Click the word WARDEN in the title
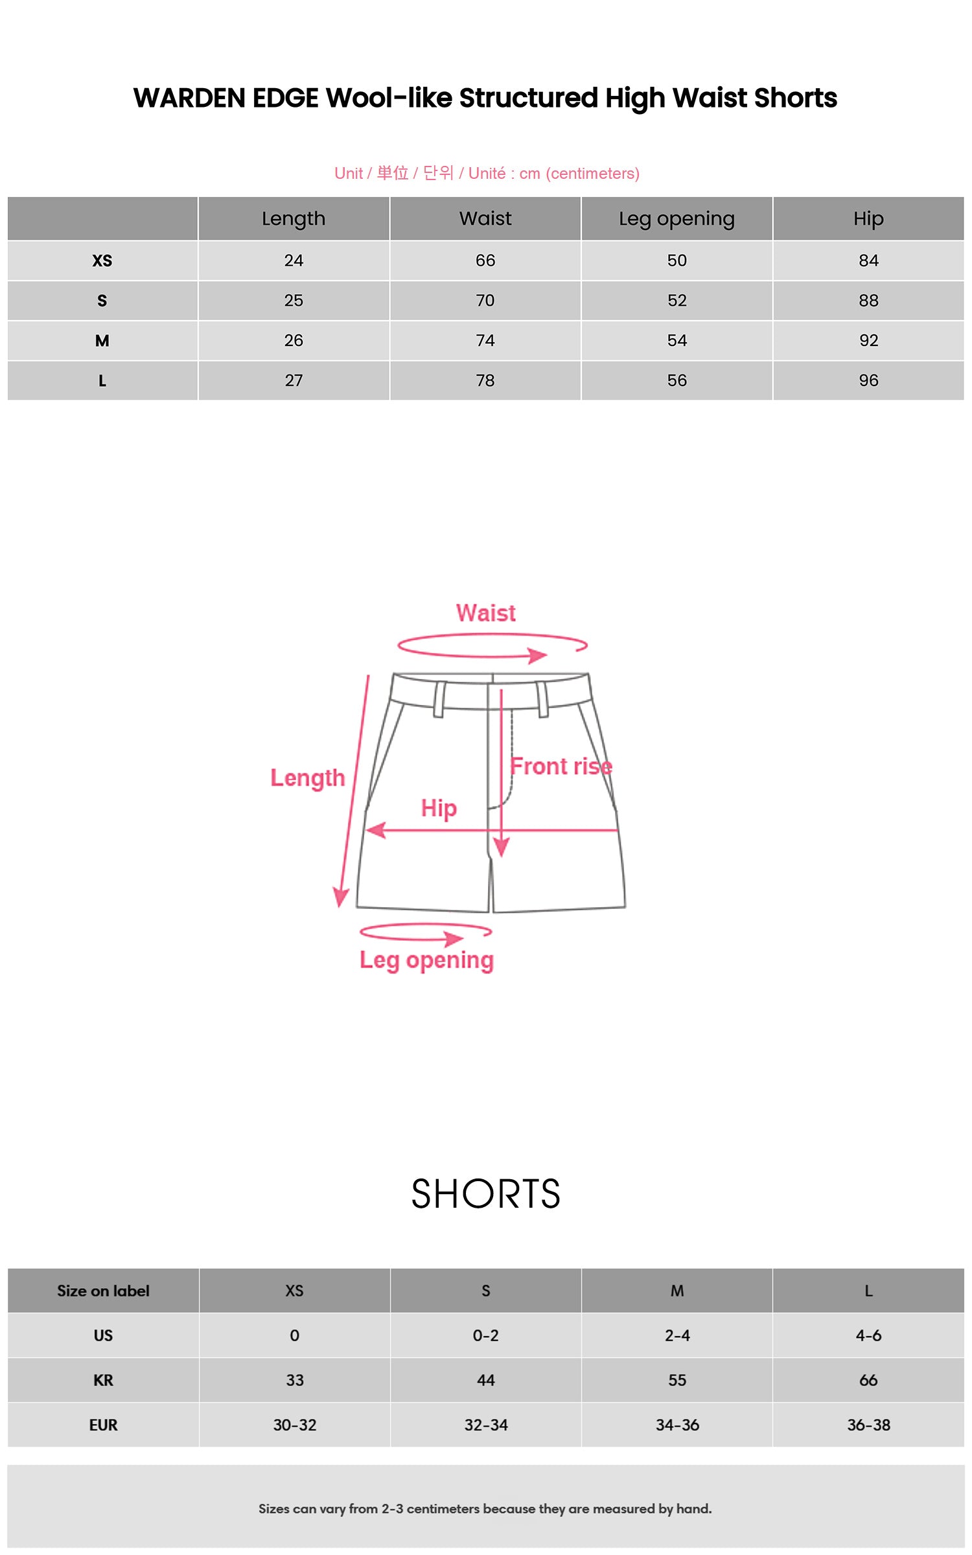point(192,98)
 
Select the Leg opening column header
point(677,219)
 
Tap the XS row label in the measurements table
point(102,260)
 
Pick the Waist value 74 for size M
point(485,340)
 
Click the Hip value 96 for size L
point(868,380)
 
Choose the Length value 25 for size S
point(294,301)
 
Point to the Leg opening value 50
point(677,260)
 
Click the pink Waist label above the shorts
point(486,613)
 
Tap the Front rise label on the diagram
point(561,766)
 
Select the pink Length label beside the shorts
point(308,778)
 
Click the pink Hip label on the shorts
point(439,809)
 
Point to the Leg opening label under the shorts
point(426,961)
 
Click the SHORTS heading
point(486,1193)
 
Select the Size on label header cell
point(103,1291)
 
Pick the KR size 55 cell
point(677,1380)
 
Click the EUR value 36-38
point(868,1425)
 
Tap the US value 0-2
point(485,1335)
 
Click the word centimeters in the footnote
point(444,1508)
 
